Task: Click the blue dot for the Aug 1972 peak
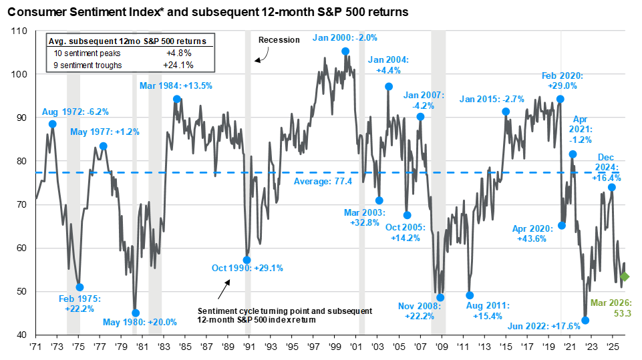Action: coord(53,124)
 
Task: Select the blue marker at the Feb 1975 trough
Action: coord(80,287)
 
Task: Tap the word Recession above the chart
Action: coord(279,40)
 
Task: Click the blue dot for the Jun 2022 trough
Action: coord(585,321)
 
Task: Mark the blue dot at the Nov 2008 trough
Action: coord(440,298)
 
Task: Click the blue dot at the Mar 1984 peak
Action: coord(177,99)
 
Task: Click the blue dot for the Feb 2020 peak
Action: coord(560,99)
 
